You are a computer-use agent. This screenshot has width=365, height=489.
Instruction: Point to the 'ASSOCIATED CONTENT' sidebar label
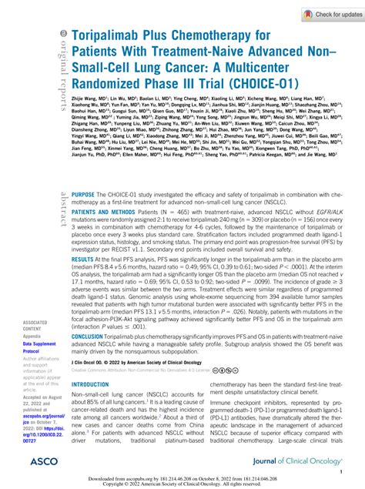pyautogui.click(x=37, y=325)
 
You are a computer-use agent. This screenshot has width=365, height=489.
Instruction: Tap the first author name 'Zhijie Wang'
pyautogui.click(x=86, y=100)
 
